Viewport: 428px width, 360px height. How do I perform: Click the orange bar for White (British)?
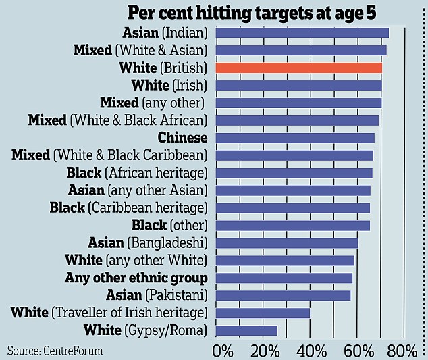(298, 68)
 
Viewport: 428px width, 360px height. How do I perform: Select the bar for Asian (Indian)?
(302, 32)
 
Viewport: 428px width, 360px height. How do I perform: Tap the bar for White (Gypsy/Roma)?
(246, 330)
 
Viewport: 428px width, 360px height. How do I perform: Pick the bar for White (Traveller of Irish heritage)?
(263, 313)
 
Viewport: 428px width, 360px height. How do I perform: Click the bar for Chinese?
(295, 138)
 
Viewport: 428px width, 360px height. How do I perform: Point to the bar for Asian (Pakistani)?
(283, 295)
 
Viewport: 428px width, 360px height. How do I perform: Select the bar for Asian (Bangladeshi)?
(286, 242)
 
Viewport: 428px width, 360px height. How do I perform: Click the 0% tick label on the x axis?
(222, 351)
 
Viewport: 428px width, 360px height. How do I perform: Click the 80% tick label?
(402, 351)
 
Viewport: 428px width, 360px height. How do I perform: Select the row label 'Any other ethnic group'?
(136, 278)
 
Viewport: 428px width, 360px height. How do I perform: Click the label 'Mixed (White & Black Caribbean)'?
(109, 155)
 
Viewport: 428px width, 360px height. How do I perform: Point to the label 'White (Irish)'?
(169, 85)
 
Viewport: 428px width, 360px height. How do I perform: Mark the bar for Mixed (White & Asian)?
(300, 50)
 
